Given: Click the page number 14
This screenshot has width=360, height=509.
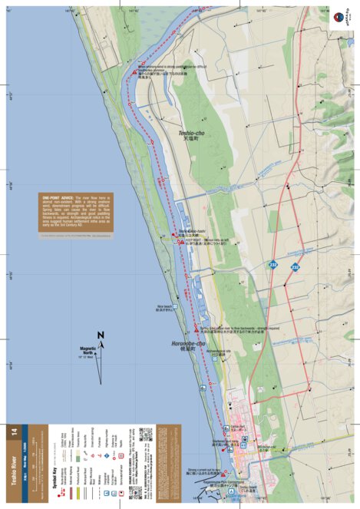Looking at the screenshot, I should [x=13, y=433].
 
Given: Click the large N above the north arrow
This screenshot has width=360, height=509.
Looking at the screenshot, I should [x=101, y=335].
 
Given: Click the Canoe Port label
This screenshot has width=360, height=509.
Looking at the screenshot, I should [x=236, y=426].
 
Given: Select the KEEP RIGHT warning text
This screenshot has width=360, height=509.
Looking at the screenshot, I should [x=197, y=239].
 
